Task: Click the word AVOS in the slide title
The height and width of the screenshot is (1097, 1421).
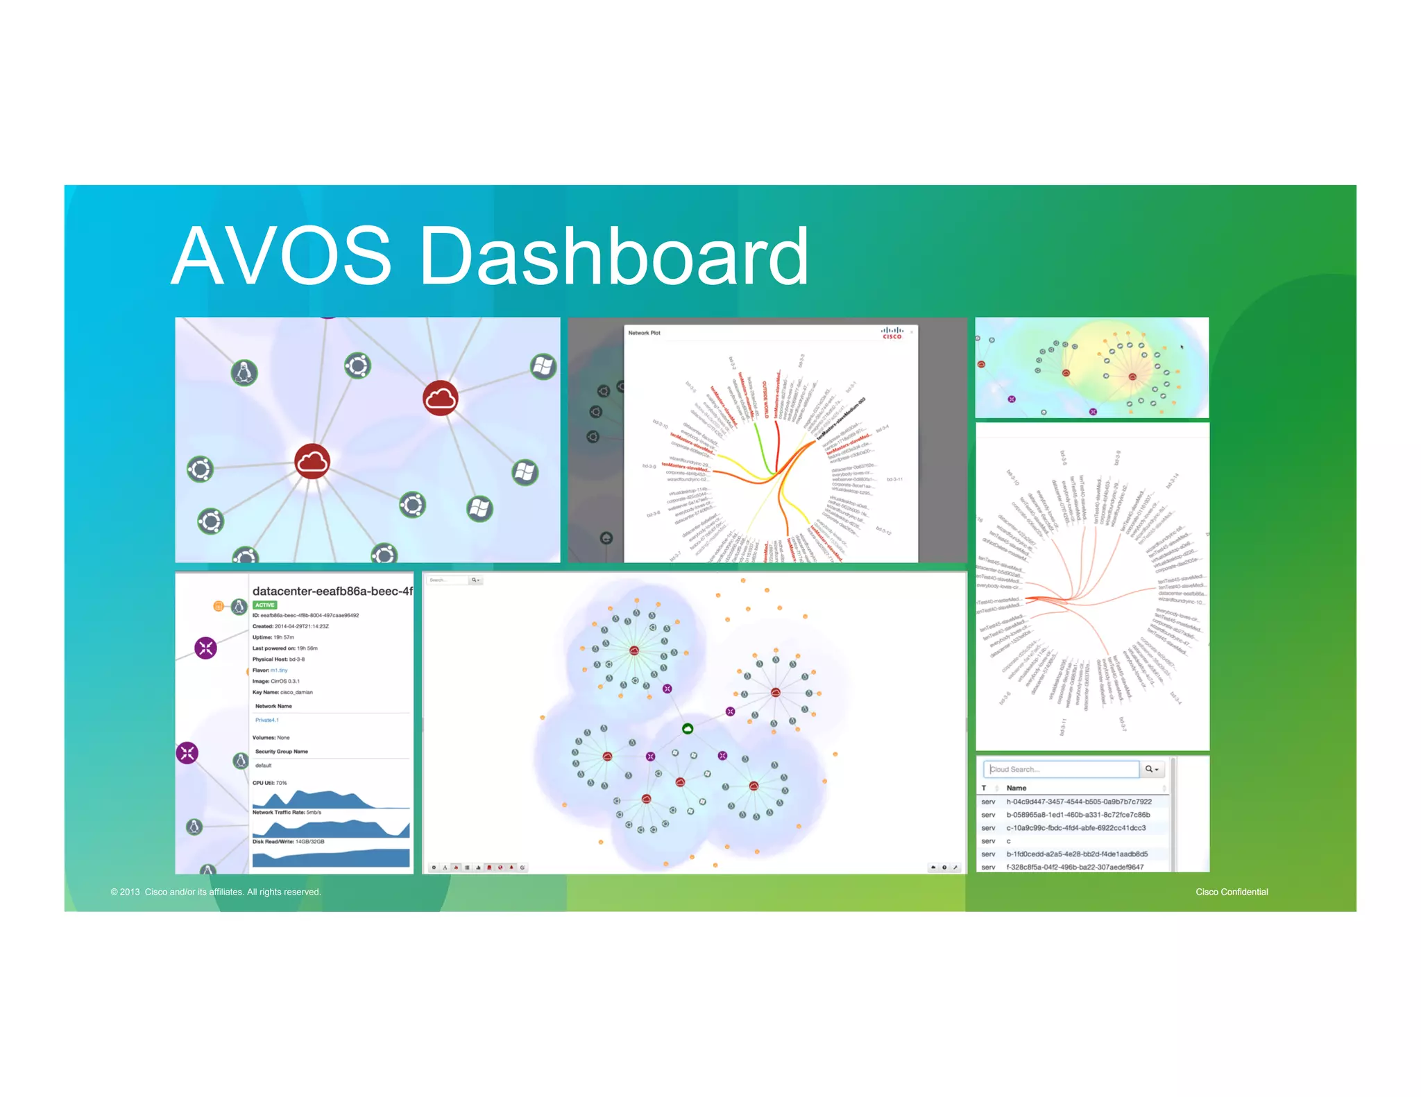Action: pos(282,256)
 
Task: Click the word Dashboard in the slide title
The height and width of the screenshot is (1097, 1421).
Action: pos(613,256)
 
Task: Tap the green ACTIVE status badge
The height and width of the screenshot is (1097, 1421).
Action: pos(264,605)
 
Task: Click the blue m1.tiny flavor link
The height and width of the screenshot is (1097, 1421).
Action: pos(279,670)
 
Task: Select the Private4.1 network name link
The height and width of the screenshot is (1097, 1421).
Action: pos(267,720)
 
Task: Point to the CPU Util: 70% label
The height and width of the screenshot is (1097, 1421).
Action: pos(269,783)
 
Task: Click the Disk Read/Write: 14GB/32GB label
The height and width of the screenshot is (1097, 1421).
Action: pos(288,841)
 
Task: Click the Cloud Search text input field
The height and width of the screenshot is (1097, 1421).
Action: pos(1062,769)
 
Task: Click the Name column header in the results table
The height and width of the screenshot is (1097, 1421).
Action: pos(1016,788)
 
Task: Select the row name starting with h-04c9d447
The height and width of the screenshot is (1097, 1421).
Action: pos(1078,802)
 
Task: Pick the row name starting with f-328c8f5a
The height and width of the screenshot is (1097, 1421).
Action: pos(1075,867)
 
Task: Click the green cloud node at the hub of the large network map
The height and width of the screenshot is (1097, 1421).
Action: pos(688,728)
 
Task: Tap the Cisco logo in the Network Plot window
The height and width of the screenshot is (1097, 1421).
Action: pos(892,333)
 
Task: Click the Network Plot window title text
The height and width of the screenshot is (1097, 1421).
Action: pos(644,333)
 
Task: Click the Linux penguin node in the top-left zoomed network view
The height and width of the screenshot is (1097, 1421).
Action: pos(244,372)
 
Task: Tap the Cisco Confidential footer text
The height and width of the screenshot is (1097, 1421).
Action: pos(1231,892)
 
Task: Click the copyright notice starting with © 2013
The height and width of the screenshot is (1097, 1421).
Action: pos(215,892)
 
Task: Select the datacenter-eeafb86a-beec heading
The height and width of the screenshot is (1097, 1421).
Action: pos(332,591)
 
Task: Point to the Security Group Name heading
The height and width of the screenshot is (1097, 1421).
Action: pos(281,751)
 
